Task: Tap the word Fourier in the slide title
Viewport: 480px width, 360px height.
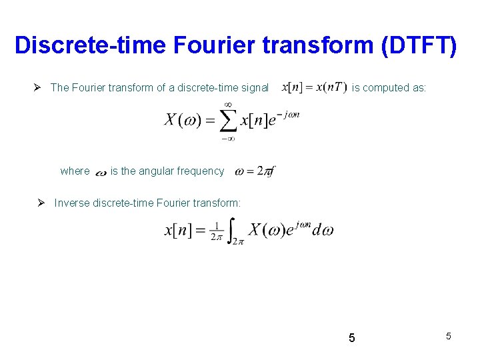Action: (199, 45)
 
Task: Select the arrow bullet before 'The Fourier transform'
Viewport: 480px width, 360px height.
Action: (41, 87)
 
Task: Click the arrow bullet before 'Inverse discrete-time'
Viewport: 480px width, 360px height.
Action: (43, 203)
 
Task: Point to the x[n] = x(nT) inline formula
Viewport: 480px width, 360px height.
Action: (314, 87)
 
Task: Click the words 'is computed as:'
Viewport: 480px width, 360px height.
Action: (389, 87)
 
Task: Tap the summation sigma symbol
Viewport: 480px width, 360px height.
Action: (229, 121)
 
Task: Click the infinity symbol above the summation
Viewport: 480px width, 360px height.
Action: (228, 105)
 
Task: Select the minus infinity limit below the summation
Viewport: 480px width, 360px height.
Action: (228, 139)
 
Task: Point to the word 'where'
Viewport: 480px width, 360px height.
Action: (75, 171)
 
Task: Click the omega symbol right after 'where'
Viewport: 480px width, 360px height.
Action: (101, 173)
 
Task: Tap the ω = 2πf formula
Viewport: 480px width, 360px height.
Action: (255, 171)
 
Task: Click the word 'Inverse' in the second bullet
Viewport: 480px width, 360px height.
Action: (71, 203)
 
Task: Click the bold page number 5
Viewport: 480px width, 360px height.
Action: (352, 338)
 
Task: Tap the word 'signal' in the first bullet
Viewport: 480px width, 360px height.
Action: (253, 87)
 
